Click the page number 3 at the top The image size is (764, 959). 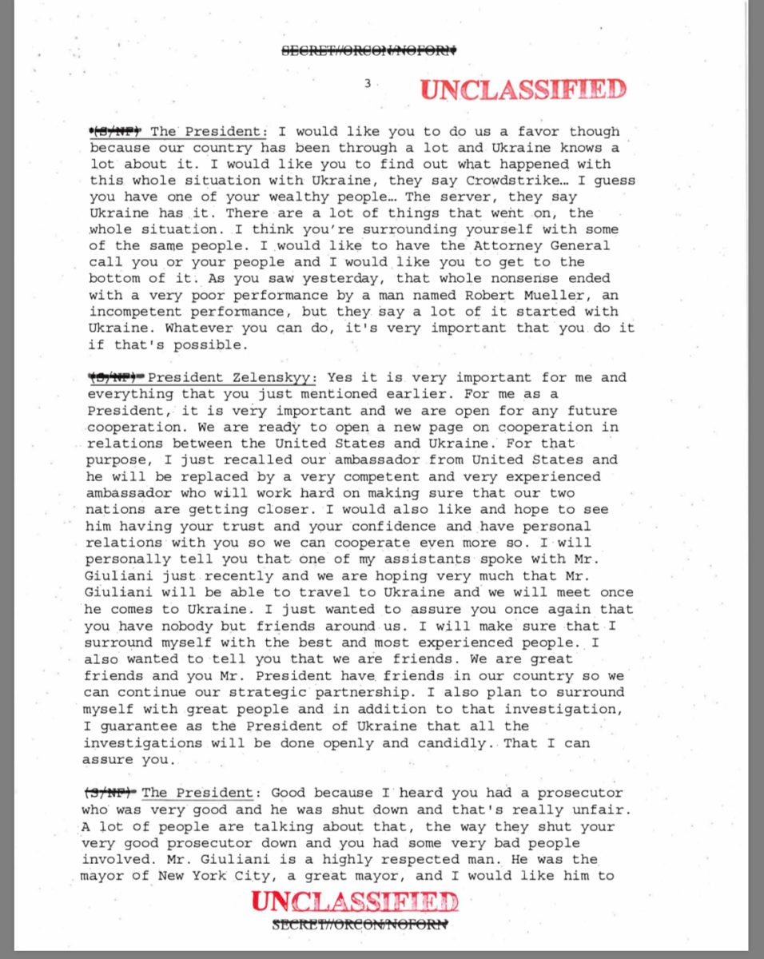368,82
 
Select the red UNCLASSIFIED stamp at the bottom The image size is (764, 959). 355,902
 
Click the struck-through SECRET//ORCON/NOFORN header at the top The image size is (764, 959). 368,50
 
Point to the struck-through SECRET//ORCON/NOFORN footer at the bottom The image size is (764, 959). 360,925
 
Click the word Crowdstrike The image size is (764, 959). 461,181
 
